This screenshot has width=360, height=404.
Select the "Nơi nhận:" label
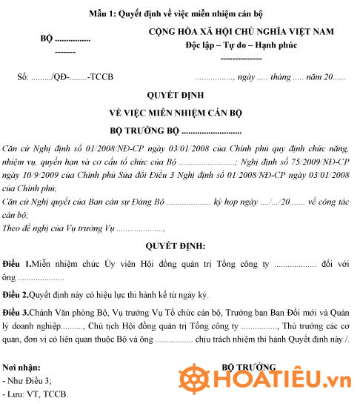pyautogui.click(x=22, y=368)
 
